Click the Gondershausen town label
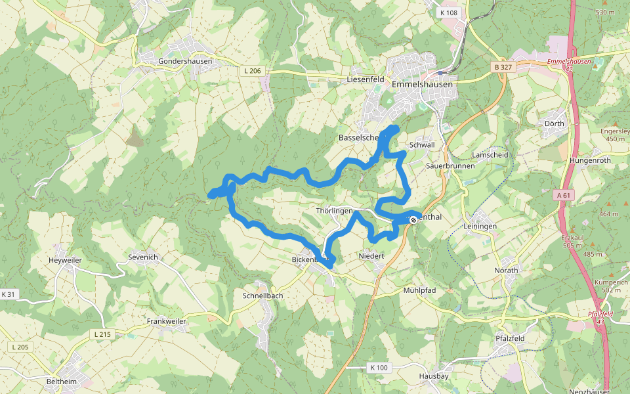click(x=185, y=61)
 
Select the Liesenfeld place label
click(x=365, y=79)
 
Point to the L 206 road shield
click(x=251, y=71)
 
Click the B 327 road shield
click(x=502, y=67)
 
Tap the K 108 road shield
click(x=450, y=12)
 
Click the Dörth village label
click(x=555, y=123)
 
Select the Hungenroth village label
click(x=590, y=160)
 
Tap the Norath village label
click(x=506, y=270)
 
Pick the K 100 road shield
click(x=379, y=367)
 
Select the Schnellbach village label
click(x=262, y=295)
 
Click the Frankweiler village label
click(x=167, y=321)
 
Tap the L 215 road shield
click(x=103, y=334)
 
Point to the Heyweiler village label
click(x=65, y=260)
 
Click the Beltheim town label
click(x=62, y=381)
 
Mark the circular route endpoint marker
click(x=413, y=220)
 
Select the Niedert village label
click(x=371, y=255)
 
